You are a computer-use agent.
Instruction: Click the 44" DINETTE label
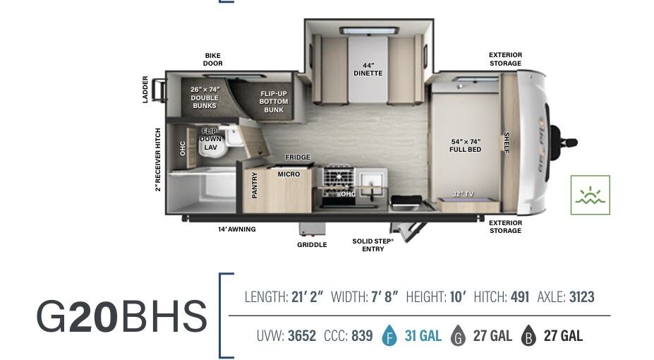[x=368, y=69]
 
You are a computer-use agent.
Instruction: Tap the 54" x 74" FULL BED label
[x=466, y=145]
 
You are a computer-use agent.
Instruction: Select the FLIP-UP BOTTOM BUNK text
[x=274, y=102]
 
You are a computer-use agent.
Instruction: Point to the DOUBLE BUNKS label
[x=205, y=102]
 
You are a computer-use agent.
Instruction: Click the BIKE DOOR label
[x=213, y=59]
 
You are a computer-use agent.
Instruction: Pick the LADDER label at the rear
[x=145, y=89]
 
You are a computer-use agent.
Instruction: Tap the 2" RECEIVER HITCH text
[x=157, y=160]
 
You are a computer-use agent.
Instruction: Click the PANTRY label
[x=255, y=185]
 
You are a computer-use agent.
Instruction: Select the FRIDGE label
[x=298, y=157]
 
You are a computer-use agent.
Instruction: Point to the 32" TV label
[x=463, y=194]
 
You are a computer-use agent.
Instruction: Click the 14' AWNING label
[x=236, y=229]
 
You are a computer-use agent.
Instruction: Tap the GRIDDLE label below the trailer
[x=312, y=245]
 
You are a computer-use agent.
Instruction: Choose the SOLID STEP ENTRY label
[x=373, y=245]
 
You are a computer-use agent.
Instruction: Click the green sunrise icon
[x=591, y=195]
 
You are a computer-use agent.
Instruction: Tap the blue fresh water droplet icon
[x=389, y=335]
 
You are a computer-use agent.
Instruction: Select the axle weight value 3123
[x=582, y=297]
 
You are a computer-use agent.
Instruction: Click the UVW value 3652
[x=302, y=336]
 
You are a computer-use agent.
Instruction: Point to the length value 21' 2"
[x=308, y=297]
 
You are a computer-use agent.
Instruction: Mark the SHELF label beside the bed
[x=507, y=143]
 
